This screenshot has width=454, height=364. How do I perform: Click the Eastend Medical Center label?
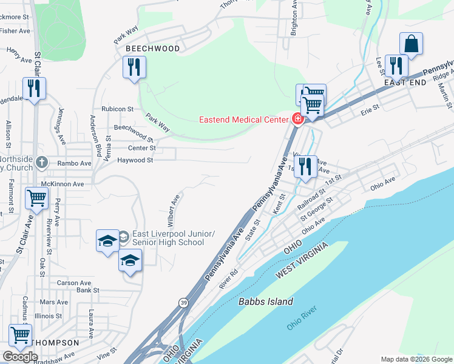point(243,119)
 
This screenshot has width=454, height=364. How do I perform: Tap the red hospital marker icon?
point(297,119)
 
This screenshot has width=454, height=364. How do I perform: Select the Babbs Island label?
point(266,302)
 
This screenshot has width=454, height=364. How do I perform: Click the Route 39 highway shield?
point(183,302)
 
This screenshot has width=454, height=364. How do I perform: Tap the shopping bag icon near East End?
point(411,44)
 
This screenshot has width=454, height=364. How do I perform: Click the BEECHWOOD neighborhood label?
point(153,49)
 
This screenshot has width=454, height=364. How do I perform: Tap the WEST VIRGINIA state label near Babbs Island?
point(302,261)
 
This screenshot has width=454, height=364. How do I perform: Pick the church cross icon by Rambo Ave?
point(41,163)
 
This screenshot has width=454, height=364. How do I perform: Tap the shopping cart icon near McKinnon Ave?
point(36,197)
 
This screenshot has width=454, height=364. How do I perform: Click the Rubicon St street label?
point(118,109)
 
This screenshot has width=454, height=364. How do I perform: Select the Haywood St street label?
point(135,160)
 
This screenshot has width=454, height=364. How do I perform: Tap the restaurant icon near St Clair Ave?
point(33,88)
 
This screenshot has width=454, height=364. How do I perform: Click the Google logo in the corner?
point(20,357)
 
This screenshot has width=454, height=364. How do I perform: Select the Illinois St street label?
point(49,316)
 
